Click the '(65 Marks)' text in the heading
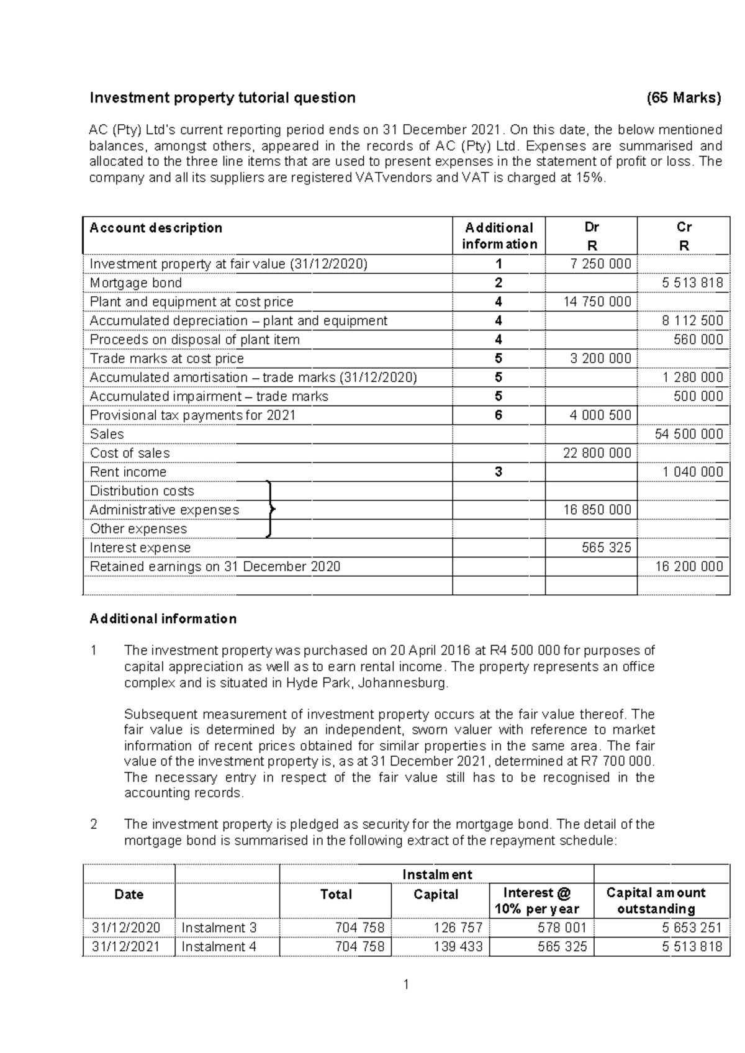click(x=684, y=97)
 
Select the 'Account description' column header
click(x=156, y=228)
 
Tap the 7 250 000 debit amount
click(x=600, y=264)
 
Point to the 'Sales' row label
click(x=107, y=434)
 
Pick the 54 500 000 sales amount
click(x=689, y=435)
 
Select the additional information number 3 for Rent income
click(x=499, y=472)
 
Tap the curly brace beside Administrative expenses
click(x=269, y=509)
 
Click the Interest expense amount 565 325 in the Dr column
click(x=606, y=548)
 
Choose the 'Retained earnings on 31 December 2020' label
click(x=215, y=566)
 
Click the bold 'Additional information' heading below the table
click(x=163, y=619)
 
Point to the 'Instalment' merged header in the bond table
click(x=436, y=874)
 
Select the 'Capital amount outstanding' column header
click(x=656, y=900)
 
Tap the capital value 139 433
click(x=460, y=947)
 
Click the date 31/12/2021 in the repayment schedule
click(x=126, y=947)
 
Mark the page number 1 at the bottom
click(x=405, y=984)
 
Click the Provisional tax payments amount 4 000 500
click(x=597, y=415)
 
